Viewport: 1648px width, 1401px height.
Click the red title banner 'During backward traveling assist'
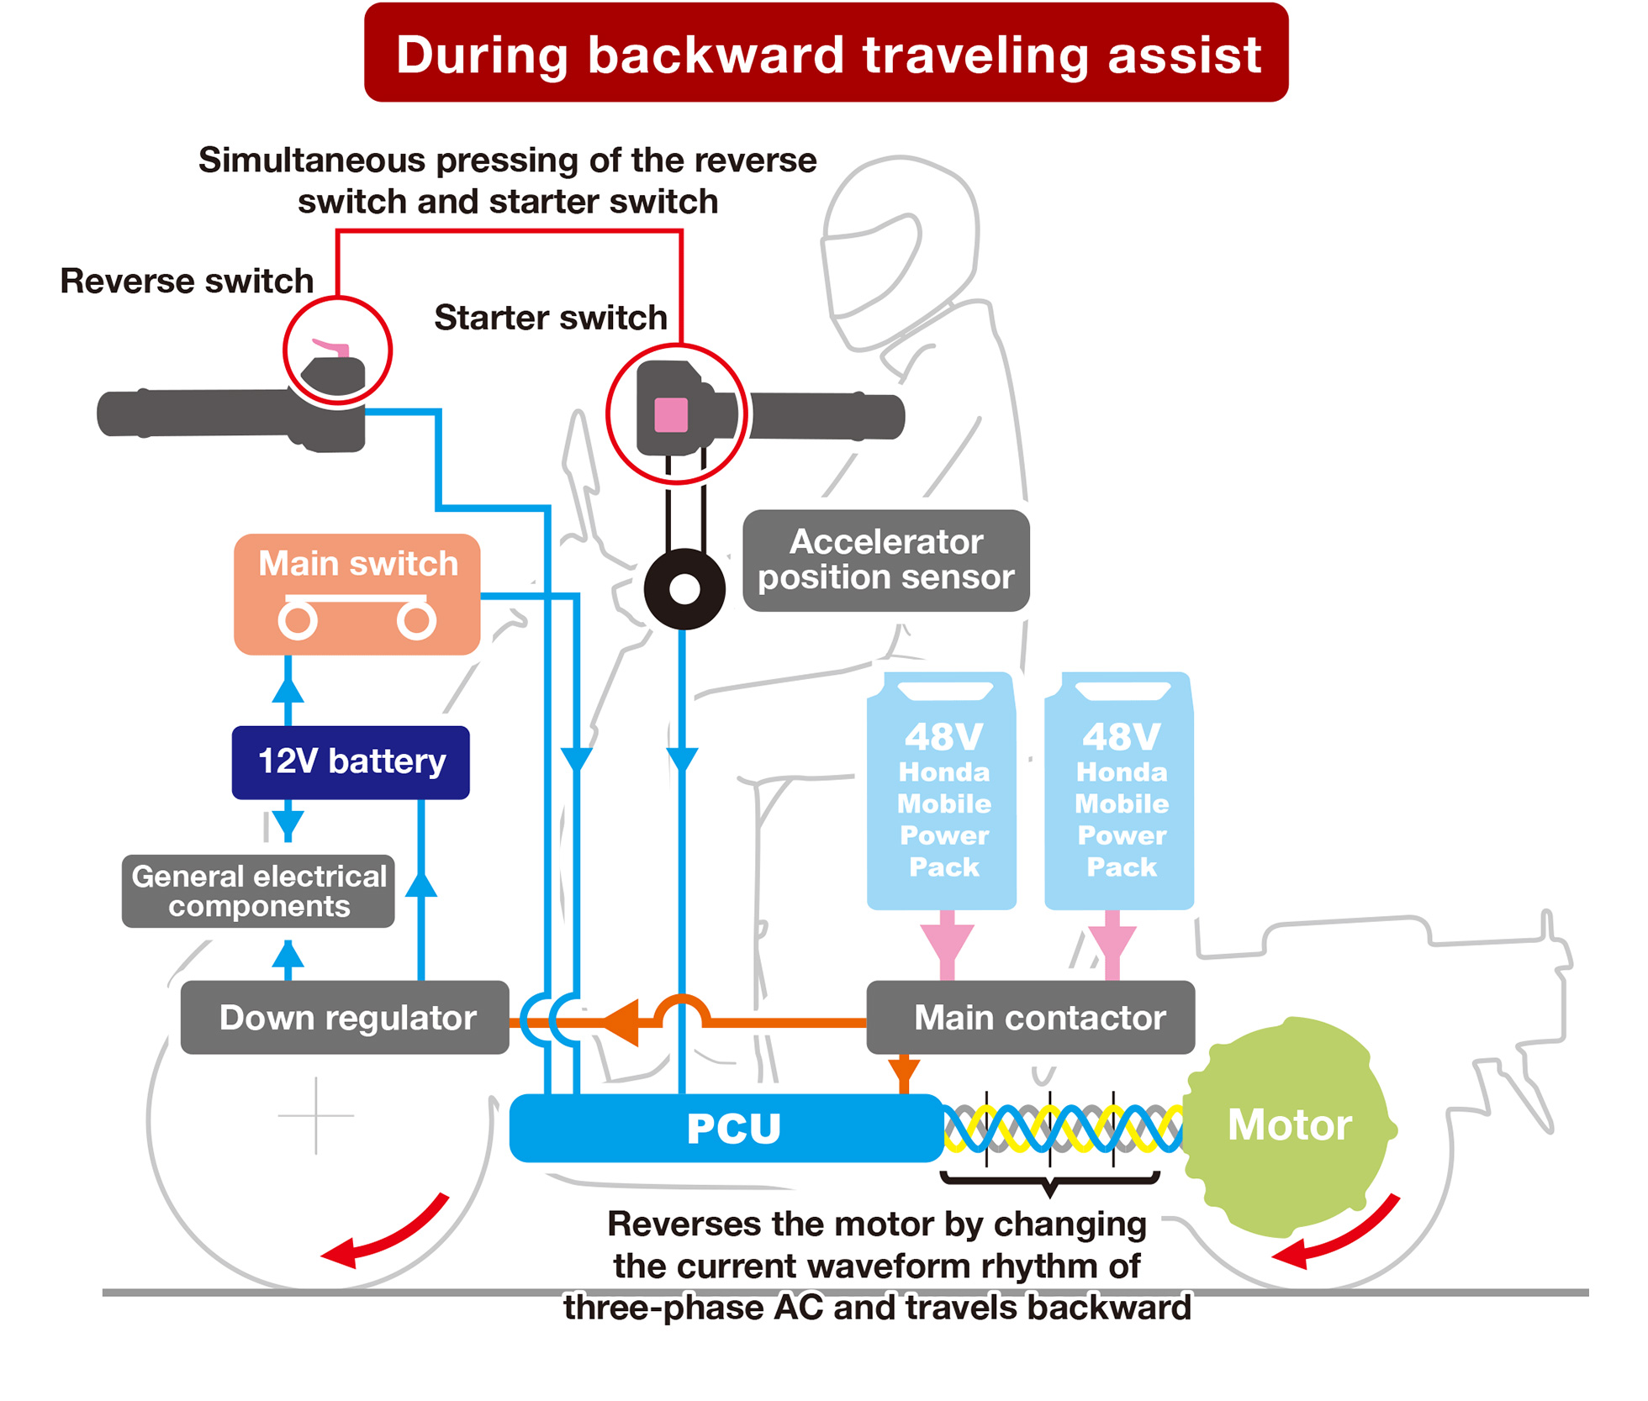point(826,53)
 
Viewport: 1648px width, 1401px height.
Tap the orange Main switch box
point(357,594)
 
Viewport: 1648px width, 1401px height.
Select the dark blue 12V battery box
point(351,762)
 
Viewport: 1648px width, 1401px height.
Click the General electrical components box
point(258,892)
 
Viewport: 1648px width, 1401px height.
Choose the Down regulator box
point(345,1018)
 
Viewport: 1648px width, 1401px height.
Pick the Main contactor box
point(1031,1018)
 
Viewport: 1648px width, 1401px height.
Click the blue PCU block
point(727,1128)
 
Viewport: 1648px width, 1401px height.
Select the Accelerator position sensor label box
point(886,561)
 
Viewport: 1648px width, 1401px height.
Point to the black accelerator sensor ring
point(684,589)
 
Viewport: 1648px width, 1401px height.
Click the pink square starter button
point(671,415)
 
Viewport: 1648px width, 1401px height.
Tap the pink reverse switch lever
point(331,346)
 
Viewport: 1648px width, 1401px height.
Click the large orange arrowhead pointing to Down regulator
point(622,1022)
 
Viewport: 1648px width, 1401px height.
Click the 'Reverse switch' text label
point(187,282)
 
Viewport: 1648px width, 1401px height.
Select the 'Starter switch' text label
point(551,319)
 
